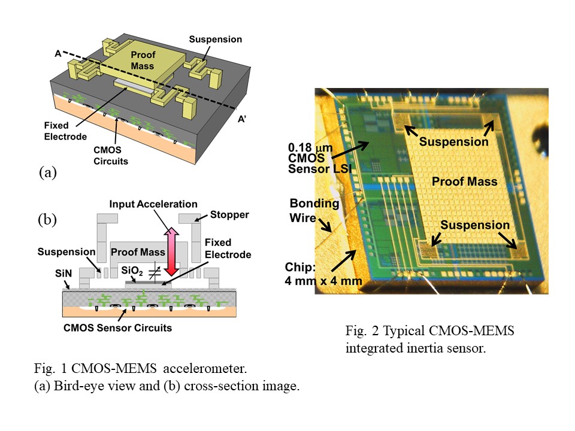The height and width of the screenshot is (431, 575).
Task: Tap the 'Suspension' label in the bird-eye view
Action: (216, 40)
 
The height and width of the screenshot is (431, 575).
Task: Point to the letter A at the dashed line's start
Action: (57, 53)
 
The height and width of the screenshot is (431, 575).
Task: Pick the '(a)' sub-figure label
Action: (48, 173)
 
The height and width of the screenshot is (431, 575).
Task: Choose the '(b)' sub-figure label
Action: (48, 219)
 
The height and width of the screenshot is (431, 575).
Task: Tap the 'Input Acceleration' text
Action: (153, 204)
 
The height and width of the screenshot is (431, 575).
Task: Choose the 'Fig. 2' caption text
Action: (429, 339)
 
